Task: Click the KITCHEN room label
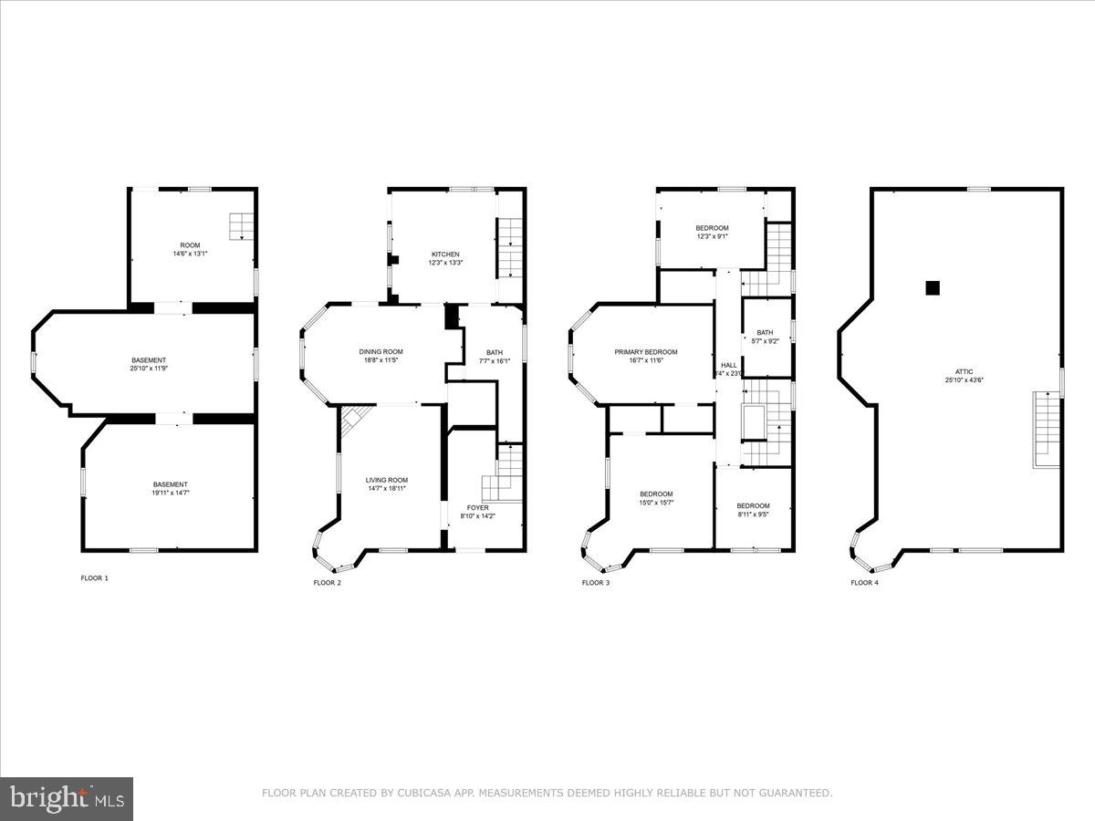coord(445,255)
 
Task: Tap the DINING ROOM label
coord(381,352)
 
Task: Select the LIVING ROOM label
coord(387,480)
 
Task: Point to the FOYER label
coord(478,507)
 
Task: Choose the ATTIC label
coord(964,371)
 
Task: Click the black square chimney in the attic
coord(933,287)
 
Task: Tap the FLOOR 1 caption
coord(94,577)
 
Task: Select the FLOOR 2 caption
coord(327,582)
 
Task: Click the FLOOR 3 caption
coord(595,582)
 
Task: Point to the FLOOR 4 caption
coord(864,582)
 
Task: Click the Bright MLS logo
coord(67,799)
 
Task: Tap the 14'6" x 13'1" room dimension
coord(190,254)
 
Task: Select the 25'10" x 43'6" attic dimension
coord(964,380)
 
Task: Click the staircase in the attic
coord(1048,429)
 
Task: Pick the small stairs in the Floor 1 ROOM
coord(241,225)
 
